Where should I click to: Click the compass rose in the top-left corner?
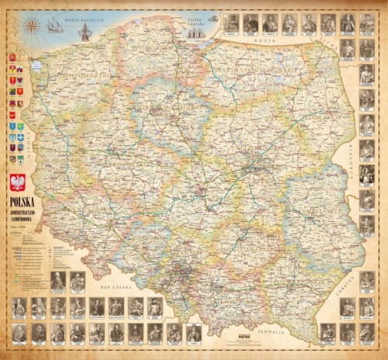[33, 25]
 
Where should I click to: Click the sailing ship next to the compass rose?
[54, 26]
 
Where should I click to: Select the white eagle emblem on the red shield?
[16, 184]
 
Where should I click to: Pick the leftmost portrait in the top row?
[231, 24]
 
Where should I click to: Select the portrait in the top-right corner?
[367, 24]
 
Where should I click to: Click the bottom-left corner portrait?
[19, 333]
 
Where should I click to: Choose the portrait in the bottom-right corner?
[367, 333]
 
